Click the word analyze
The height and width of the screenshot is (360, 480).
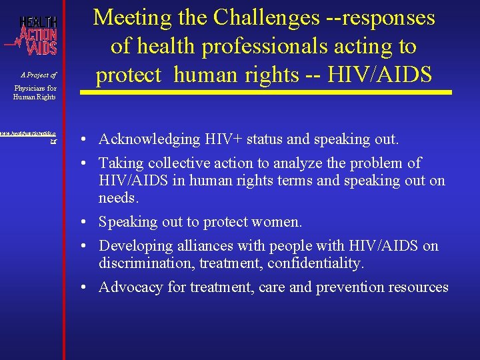coord(293,163)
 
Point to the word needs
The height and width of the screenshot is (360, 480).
coord(118,199)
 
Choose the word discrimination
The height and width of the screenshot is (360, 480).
coord(142,263)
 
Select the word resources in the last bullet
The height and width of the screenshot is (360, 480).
coord(419,287)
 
